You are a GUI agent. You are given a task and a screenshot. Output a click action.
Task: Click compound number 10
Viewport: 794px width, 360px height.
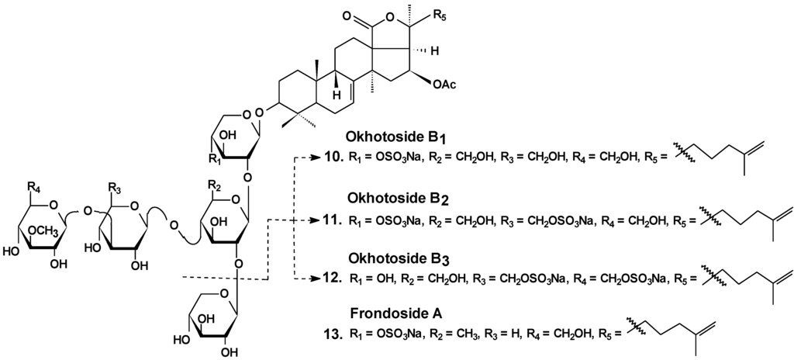point(330,158)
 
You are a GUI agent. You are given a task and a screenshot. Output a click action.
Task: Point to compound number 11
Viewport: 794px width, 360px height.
point(330,220)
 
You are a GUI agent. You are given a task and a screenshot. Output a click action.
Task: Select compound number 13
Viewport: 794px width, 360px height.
point(330,334)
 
